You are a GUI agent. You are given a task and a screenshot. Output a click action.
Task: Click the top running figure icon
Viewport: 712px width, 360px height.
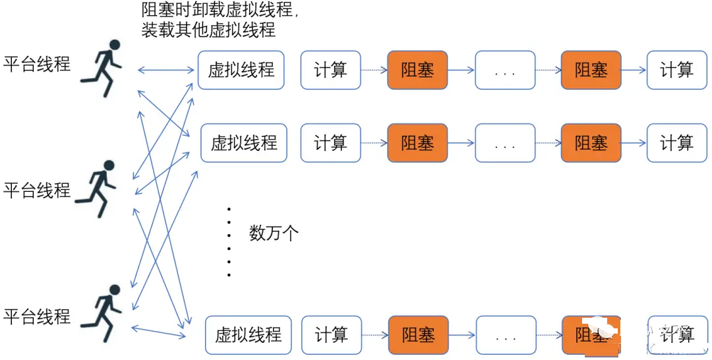102,68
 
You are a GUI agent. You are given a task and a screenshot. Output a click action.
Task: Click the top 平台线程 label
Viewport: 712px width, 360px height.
37,64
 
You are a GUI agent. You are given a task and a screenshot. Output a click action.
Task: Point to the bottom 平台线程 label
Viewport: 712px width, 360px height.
37,316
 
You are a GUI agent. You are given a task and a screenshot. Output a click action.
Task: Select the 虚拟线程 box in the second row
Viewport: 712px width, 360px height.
244,143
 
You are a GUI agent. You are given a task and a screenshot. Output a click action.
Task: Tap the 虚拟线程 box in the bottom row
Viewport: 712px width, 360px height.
248,334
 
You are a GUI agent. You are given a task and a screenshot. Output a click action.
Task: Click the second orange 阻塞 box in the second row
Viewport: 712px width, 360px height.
591,143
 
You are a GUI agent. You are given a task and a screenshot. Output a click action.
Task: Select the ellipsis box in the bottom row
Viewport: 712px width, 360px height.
505,336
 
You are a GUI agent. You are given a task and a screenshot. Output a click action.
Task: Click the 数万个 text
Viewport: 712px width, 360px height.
274,232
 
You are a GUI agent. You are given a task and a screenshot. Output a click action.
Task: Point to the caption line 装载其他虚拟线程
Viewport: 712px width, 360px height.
208,30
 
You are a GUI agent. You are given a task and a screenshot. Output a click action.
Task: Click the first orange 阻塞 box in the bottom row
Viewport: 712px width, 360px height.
418,336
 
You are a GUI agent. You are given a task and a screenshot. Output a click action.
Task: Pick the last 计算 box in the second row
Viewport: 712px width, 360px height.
676,143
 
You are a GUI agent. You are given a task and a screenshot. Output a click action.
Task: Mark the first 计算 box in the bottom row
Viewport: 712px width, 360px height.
331,336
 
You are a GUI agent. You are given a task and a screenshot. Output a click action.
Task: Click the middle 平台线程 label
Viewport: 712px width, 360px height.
37,191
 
